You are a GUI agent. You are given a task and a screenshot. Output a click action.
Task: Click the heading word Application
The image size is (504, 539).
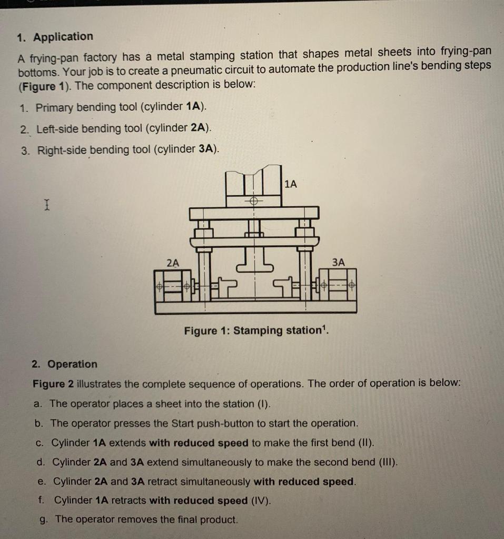click(63, 37)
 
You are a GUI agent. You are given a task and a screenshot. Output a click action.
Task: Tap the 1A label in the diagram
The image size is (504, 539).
click(290, 184)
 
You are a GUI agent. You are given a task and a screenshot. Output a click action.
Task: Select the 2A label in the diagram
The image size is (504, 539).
click(172, 262)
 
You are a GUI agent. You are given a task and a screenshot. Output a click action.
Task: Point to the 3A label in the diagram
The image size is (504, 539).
click(339, 262)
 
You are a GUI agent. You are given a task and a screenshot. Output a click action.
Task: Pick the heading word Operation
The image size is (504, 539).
click(72, 364)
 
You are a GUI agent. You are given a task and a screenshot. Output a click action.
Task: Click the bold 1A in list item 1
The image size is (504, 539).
click(193, 107)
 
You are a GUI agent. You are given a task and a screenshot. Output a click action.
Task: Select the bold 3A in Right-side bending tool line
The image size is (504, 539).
click(206, 149)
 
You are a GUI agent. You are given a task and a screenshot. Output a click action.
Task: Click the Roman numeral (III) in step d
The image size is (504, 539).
click(388, 462)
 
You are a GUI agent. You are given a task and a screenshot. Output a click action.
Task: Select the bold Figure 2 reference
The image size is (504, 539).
click(53, 384)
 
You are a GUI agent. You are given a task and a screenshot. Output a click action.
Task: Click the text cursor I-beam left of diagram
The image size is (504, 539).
click(47, 204)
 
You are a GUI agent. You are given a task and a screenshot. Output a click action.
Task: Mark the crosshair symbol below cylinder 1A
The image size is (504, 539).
click(254, 202)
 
